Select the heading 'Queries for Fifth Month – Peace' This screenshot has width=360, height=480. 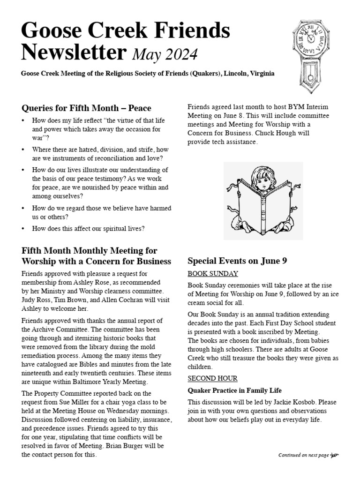86,109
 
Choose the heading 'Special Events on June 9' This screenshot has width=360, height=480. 237,261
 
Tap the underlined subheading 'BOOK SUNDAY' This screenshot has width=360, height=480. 213,274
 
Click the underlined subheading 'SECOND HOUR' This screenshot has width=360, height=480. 212,378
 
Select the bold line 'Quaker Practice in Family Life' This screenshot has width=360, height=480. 234,390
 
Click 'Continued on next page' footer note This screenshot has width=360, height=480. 304,455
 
